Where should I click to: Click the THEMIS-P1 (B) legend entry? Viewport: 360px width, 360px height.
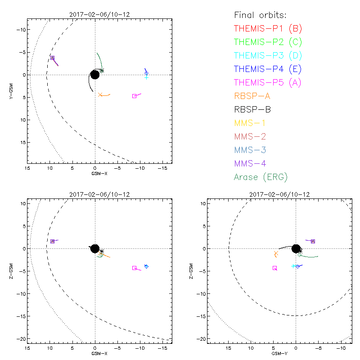point(268,29)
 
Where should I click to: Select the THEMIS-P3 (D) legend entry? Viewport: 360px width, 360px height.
point(268,56)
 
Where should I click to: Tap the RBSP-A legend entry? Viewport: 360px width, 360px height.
point(252,96)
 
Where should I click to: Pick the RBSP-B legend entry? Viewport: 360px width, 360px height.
point(252,109)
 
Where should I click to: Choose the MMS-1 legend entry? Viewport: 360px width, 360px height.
point(249,123)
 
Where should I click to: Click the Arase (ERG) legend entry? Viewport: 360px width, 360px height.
point(261,177)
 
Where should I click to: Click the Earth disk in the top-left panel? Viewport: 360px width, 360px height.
point(95,75)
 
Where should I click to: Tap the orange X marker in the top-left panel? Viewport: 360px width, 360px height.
point(100,94)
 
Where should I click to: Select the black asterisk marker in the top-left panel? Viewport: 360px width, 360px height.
point(102,70)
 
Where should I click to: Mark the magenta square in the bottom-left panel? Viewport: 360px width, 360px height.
point(134,268)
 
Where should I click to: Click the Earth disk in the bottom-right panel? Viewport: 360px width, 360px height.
point(296,248)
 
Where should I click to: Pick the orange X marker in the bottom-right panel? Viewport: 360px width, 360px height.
point(276,254)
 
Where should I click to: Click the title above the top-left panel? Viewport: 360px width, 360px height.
point(95,14)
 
